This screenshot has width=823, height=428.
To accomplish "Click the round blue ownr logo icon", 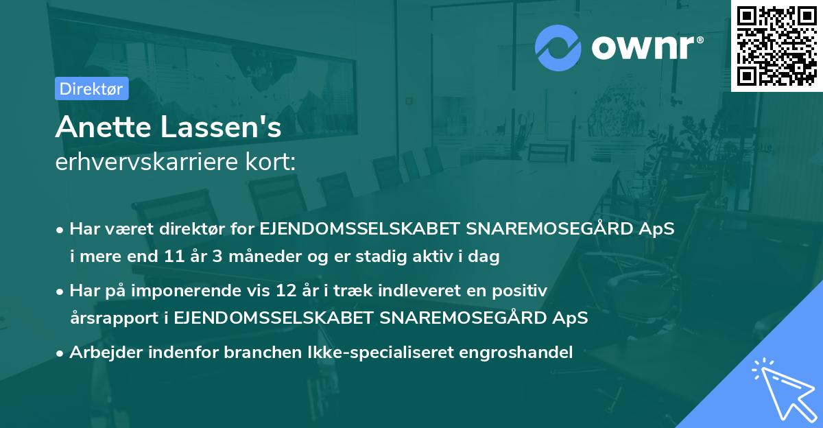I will point(558,48).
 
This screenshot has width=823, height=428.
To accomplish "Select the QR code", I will point(777,45).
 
